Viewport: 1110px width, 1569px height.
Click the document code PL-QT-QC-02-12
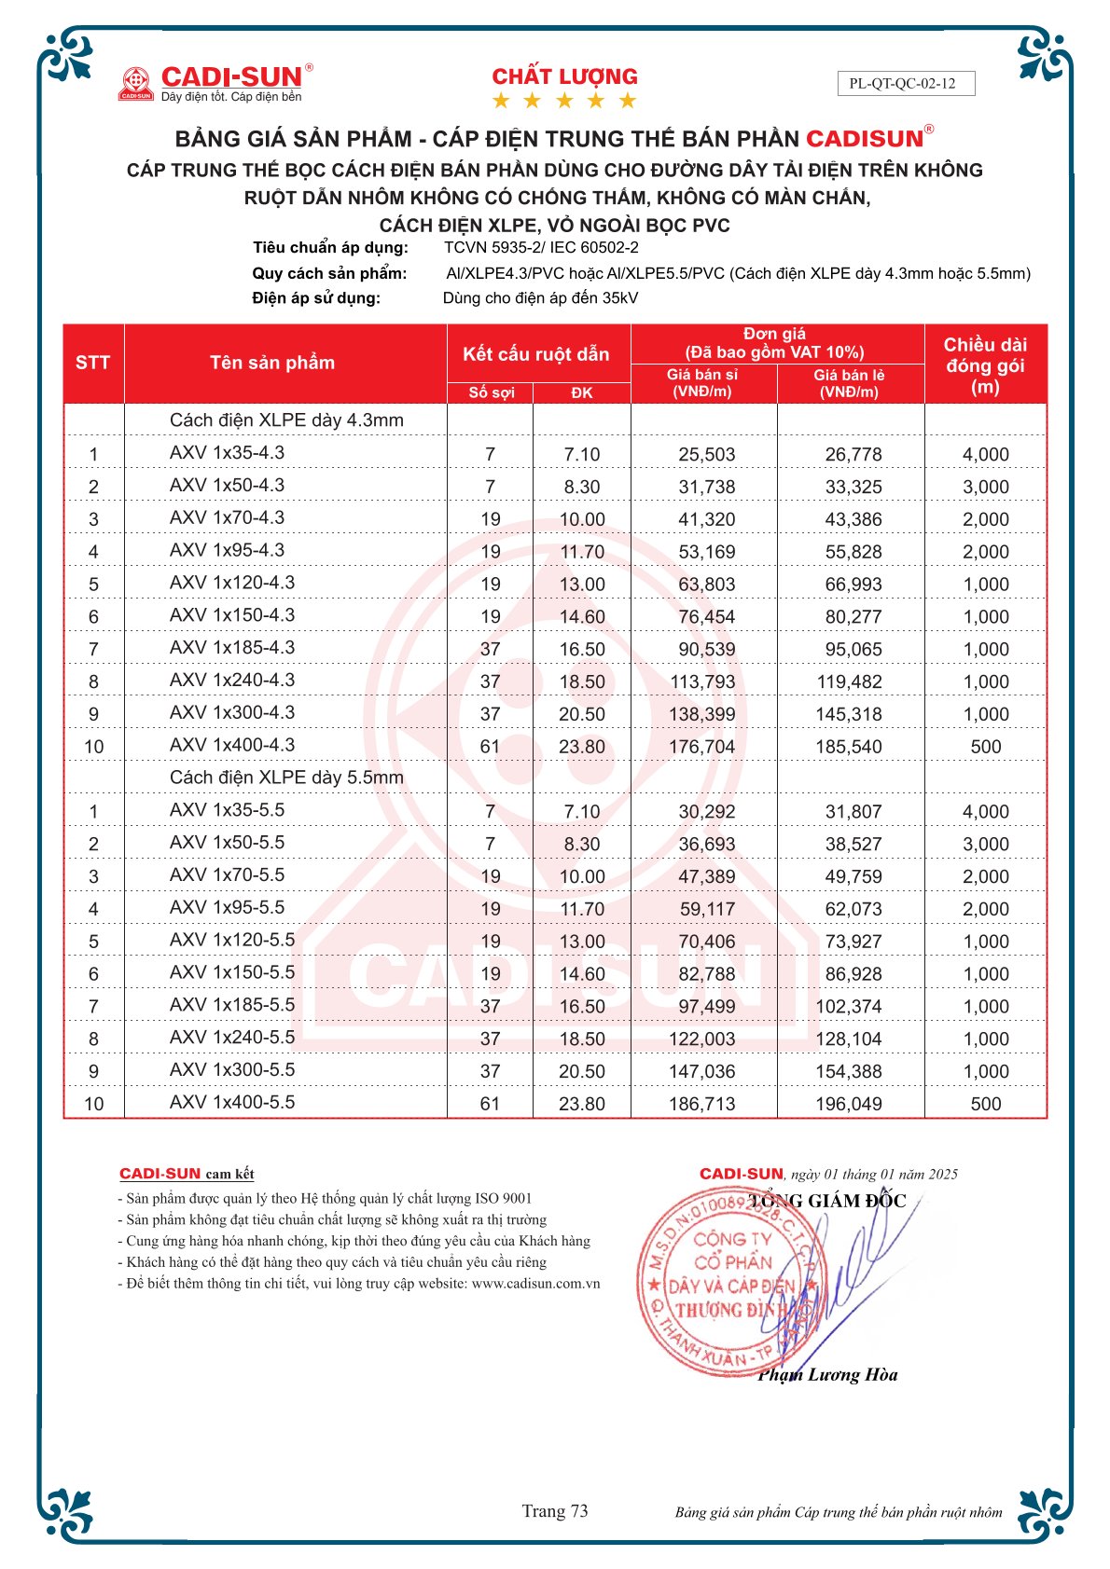pos(902,84)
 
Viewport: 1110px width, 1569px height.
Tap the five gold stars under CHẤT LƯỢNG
pos(564,101)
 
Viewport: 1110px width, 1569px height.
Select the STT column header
pos(92,363)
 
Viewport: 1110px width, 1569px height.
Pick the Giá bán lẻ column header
pos(849,383)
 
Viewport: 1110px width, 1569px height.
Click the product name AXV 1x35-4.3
pos(227,453)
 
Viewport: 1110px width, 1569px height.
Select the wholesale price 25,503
pos(706,455)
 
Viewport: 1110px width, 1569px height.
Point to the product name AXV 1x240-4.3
pos(231,681)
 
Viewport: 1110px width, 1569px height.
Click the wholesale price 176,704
pos(701,747)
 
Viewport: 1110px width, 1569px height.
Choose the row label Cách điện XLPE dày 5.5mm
pos(286,778)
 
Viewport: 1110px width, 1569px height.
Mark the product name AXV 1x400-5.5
pos(231,1103)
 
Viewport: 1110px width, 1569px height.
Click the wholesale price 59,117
pos(706,909)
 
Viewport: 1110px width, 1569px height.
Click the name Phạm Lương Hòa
pos(827,1375)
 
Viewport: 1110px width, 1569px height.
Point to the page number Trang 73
pos(555,1511)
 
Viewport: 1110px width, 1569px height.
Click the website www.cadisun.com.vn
pos(535,1284)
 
